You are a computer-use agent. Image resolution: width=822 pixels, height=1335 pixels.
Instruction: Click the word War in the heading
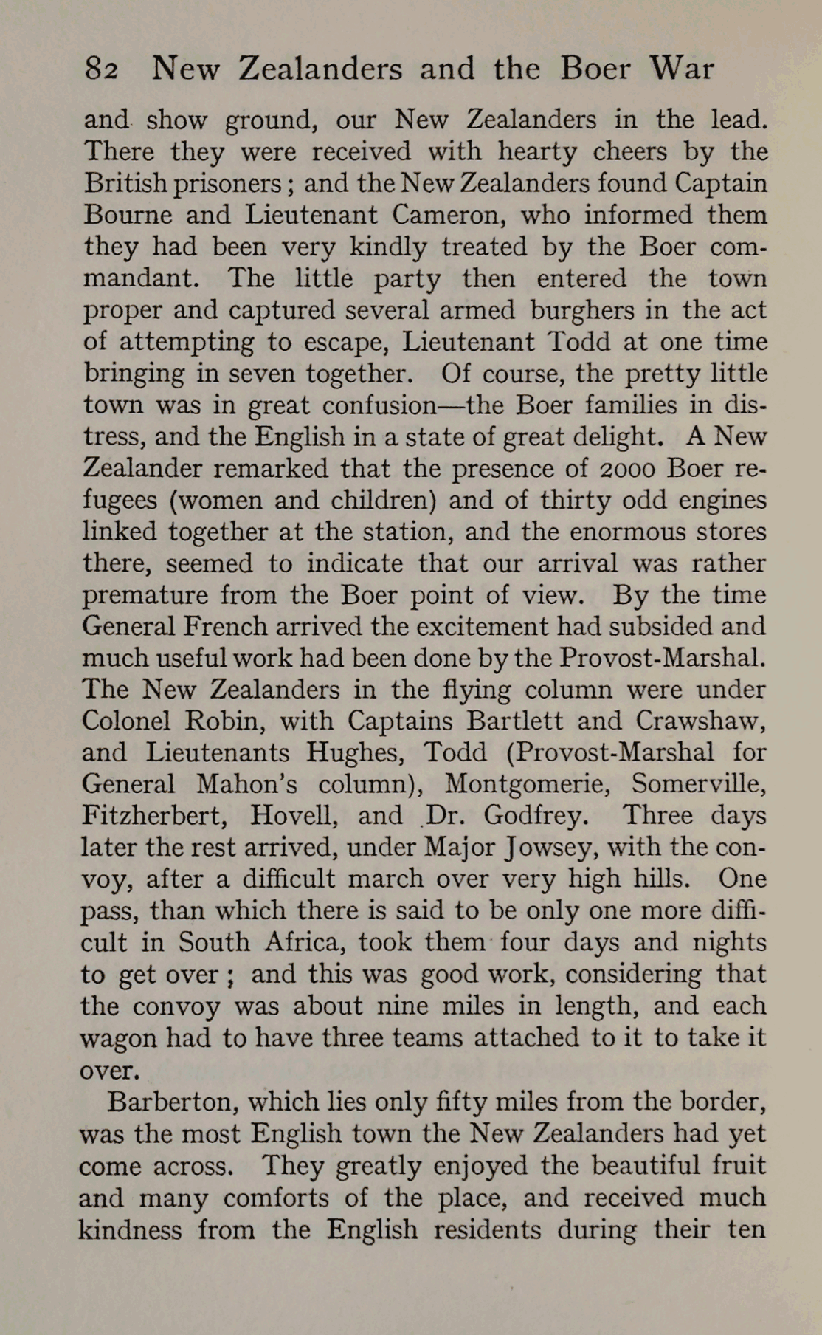click(x=682, y=69)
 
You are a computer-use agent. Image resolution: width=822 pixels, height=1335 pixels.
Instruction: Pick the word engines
click(x=718, y=501)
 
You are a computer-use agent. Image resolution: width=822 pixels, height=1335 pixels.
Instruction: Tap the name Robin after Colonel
click(x=230, y=721)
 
